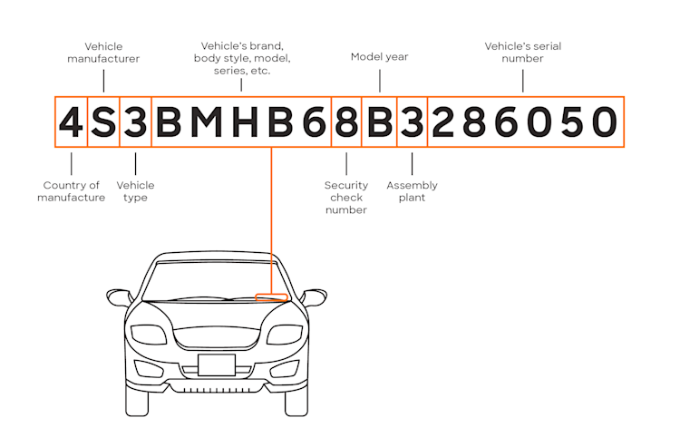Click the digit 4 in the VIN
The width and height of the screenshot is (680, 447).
point(71,122)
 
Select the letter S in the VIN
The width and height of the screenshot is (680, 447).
point(103,122)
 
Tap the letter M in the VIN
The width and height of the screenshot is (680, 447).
point(207,122)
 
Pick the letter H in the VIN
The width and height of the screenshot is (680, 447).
point(245,122)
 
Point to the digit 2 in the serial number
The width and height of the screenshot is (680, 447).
point(442,122)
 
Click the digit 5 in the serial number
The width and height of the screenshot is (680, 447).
point(572,122)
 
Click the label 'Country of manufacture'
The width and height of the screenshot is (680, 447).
point(71,191)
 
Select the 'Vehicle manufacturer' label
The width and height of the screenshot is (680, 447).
point(103,53)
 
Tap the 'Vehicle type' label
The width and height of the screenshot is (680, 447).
point(135,191)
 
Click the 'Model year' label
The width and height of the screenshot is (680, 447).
point(380,57)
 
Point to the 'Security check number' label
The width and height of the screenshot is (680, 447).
point(346,198)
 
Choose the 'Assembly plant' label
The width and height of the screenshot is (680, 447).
point(412,191)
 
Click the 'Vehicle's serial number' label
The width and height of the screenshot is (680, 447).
point(522,52)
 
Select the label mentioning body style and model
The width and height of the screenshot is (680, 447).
point(242,58)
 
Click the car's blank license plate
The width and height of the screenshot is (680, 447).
point(217,364)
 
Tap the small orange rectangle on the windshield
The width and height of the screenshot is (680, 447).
point(271,297)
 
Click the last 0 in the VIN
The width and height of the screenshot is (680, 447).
point(605,122)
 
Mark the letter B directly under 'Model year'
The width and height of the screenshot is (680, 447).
point(380,122)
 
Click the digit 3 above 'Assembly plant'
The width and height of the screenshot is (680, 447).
point(412,122)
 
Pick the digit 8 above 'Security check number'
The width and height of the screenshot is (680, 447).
point(346,122)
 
